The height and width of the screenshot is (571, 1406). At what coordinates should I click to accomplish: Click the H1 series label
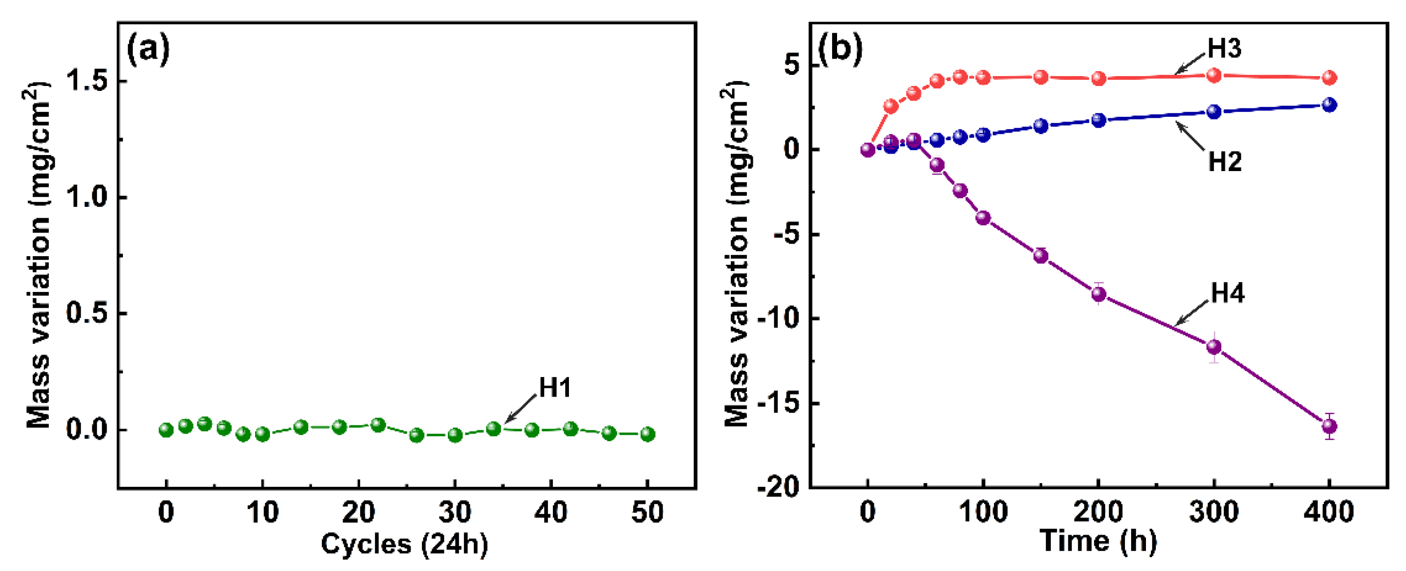555,388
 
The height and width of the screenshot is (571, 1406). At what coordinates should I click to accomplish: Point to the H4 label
1227,293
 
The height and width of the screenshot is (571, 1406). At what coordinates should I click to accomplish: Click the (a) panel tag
148,50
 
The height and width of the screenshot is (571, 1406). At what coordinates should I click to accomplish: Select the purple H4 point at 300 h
1213,346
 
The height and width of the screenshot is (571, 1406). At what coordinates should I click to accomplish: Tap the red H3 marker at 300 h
1213,75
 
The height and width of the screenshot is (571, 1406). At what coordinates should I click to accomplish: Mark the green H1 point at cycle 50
647,434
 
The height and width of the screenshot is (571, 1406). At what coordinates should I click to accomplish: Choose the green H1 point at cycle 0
166,430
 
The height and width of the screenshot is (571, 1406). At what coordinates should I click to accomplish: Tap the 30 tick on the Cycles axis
455,513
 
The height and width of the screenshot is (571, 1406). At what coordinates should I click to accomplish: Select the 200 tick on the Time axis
1098,513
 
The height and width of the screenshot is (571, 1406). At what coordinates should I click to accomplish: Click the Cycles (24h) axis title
404,544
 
